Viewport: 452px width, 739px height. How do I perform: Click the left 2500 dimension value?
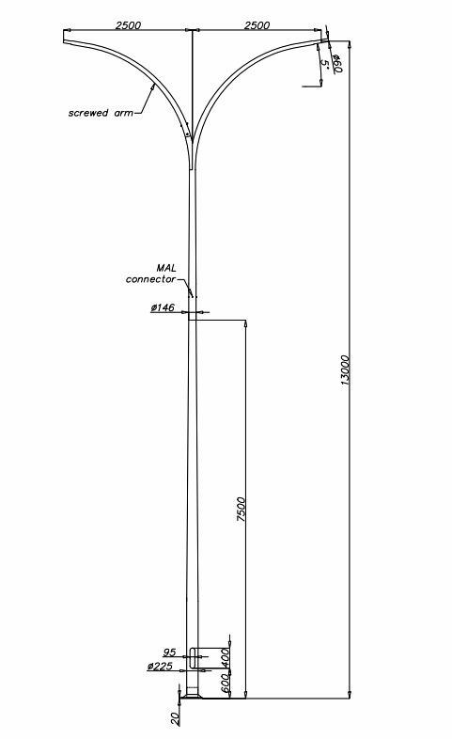coord(128,25)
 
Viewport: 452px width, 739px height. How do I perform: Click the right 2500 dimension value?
coord(257,25)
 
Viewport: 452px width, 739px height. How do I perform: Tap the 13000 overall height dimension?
coord(345,370)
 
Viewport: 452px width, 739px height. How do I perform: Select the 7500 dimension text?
coord(242,509)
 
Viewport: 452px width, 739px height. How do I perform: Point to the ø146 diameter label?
coord(163,307)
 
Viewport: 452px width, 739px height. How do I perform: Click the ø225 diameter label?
coord(160,666)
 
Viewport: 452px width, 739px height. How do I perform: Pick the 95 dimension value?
coord(169,653)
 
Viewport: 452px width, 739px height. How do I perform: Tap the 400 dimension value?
coord(225,657)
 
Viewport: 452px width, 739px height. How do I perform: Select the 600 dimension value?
coord(225,683)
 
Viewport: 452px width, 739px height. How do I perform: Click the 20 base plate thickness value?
coord(175,717)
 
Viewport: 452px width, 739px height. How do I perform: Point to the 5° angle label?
coord(325,63)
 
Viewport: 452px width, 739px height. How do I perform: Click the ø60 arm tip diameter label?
coord(337,63)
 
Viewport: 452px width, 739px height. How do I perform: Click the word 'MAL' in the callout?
coord(166,268)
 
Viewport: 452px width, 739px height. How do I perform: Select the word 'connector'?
coord(150,279)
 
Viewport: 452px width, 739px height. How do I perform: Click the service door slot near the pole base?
coord(193,658)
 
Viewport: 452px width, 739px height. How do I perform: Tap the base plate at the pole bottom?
coord(193,696)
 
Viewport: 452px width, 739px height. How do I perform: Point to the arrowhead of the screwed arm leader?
coord(154,85)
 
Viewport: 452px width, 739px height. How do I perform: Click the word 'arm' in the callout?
coord(123,113)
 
